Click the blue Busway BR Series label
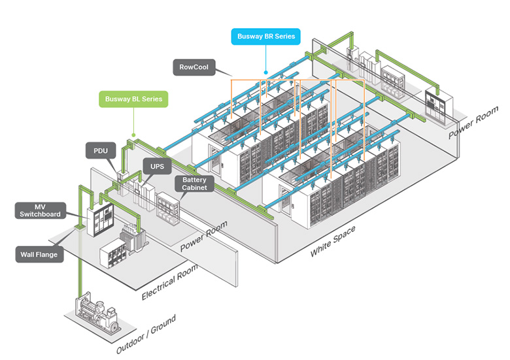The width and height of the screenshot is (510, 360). pos(265,37)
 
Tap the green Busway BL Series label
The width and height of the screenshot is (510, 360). pos(133,99)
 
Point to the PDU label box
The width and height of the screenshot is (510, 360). pos(100,151)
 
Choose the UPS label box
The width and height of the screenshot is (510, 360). pos(157,167)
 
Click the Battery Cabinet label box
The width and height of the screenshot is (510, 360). pos(195,184)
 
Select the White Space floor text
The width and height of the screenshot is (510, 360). pos(333,240)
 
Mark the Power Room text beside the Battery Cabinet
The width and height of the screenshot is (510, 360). pos(204,237)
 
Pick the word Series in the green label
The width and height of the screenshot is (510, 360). pos(150,99)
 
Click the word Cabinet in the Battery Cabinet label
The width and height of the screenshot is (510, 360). pos(195,188)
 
